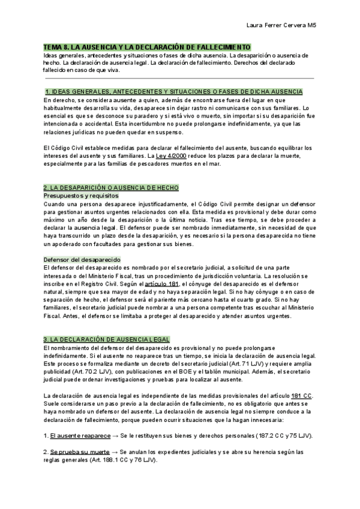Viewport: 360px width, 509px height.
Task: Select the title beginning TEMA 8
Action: (x=147, y=47)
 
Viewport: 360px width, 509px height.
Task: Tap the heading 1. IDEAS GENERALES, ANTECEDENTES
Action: (x=174, y=91)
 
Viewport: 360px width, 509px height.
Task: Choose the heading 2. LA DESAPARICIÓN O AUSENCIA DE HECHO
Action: (x=111, y=188)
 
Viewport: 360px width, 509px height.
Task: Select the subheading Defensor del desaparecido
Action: (x=82, y=259)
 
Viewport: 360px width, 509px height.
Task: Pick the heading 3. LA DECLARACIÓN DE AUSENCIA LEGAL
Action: (x=107, y=339)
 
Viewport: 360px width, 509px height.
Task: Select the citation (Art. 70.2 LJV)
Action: (x=83, y=370)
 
